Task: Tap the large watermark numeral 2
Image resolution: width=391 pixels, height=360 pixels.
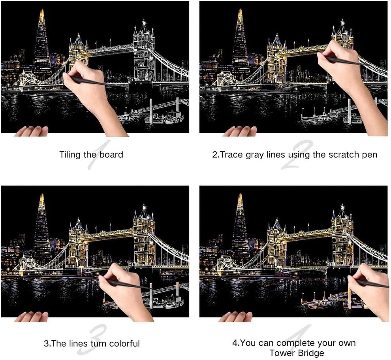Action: click(x=297, y=155)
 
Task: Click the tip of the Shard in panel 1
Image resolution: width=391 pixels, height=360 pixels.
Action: click(x=42, y=9)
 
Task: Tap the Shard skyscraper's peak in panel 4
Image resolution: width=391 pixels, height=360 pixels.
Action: click(x=241, y=194)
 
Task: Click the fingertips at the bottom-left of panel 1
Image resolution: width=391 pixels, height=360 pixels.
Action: click(x=32, y=131)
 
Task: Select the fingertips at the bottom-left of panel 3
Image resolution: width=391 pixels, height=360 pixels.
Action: click(x=32, y=317)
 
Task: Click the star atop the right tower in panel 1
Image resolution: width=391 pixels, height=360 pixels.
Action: click(x=144, y=22)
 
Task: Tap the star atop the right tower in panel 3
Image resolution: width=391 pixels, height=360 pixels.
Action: click(x=144, y=207)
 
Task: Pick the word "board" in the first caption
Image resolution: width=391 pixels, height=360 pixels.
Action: click(x=111, y=155)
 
